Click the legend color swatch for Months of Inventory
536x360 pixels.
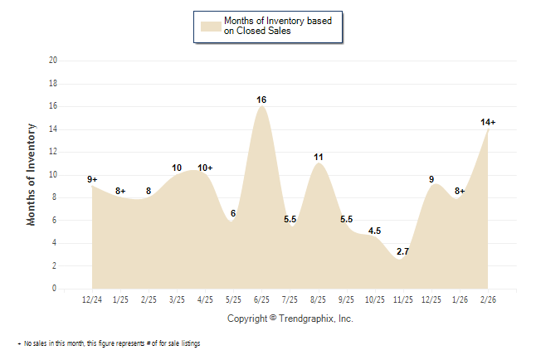tap(212, 27)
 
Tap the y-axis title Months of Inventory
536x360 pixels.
tap(32, 174)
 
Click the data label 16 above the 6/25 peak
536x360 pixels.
tap(261, 100)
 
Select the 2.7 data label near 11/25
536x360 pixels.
tap(402, 251)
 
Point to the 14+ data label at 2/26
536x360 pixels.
tap(488, 122)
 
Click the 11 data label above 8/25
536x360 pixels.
tap(319, 156)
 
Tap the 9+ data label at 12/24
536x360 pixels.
tap(92, 179)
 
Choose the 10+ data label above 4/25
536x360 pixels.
tap(205, 168)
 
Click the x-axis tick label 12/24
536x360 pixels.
tap(93, 298)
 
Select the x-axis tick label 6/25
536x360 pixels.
tap(262, 298)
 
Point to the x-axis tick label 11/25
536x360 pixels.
tap(403, 298)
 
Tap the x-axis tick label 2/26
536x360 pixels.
tap(488, 298)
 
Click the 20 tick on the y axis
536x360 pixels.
tap(53, 61)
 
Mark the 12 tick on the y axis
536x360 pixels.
tap(53, 152)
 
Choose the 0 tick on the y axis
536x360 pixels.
tap(55, 289)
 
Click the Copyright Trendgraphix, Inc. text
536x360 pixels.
tap(290, 319)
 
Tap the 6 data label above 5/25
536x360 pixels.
tap(233, 213)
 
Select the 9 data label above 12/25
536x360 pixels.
tap(431, 179)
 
